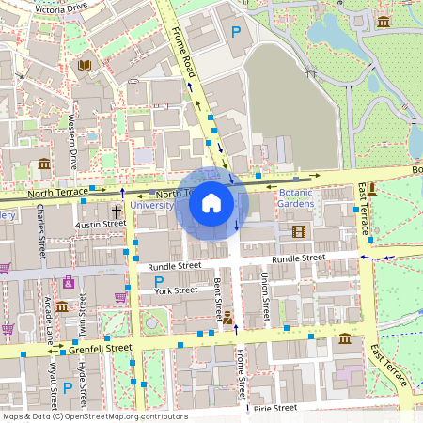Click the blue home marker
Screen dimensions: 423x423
click(x=211, y=202)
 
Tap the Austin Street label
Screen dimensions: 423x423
click(x=100, y=225)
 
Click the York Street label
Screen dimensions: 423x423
click(x=176, y=290)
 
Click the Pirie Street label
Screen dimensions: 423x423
click(x=274, y=408)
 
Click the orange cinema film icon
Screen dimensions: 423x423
click(x=299, y=231)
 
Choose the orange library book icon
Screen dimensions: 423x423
click(x=86, y=65)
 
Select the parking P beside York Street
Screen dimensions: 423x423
click(x=158, y=281)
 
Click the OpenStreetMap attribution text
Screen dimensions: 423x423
click(x=95, y=416)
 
